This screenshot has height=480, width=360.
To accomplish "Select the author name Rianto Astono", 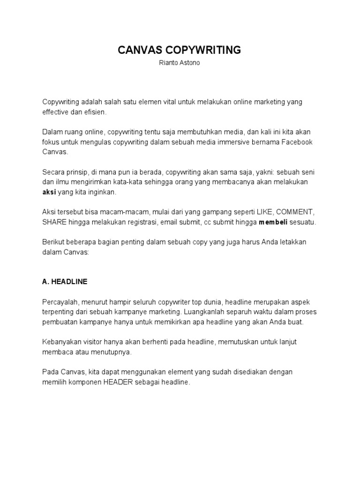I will (x=180, y=63).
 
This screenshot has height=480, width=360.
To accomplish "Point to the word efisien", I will (x=95, y=112).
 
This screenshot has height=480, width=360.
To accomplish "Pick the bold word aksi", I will (x=49, y=192).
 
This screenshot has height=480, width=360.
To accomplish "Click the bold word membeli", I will (x=273, y=222).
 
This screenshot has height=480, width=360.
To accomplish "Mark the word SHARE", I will (x=54, y=222).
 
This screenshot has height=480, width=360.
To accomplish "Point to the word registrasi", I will (x=140, y=222).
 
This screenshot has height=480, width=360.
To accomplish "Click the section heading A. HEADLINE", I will (x=65, y=282).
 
